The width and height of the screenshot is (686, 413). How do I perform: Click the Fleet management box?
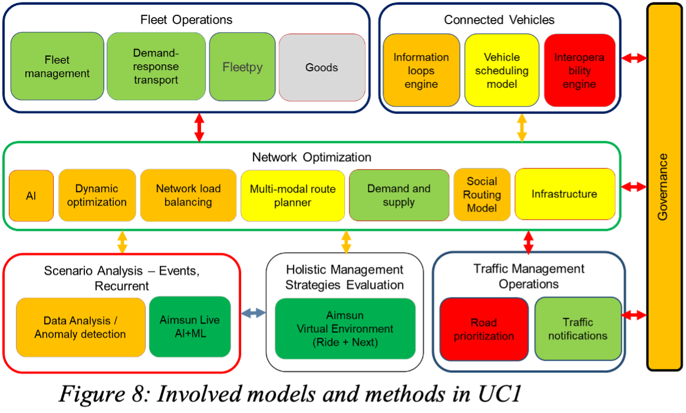(x=57, y=67)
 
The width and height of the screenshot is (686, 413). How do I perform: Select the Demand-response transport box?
(x=156, y=67)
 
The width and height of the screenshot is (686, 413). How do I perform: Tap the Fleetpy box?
(x=242, y=67)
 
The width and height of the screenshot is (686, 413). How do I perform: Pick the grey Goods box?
(x=322, y=67)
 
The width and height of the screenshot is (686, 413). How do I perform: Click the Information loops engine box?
(x=421, y=70)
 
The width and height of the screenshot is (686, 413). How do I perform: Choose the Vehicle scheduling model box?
(x=502, y=70)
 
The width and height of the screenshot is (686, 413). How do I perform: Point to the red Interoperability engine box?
(x=579, y=70)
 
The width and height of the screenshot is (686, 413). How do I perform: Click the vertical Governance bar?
(x=664, y=187)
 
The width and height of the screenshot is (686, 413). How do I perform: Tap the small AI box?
(x=31, y=196)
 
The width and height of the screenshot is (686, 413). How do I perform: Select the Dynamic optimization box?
(x=97, y=196)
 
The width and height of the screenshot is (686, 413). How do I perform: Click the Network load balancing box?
(x=189, y=196)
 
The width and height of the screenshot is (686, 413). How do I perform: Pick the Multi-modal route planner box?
(x=293, y=196)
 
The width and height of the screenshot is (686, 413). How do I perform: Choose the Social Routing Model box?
(x=481, y=195)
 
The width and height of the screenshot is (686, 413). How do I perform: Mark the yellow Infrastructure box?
(x=565, y=194)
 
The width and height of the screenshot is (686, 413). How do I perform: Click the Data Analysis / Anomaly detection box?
(x=80, y=328)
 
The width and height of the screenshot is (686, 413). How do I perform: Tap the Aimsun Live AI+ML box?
(x=190, y=326)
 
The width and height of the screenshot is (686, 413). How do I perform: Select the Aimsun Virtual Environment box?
(x=345, y=329)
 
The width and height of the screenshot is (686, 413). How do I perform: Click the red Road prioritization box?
(x=484, y=329)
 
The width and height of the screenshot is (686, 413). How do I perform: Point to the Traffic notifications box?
(x=578, y=329)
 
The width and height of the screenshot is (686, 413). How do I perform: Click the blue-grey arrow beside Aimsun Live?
(x=253, y=313)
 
